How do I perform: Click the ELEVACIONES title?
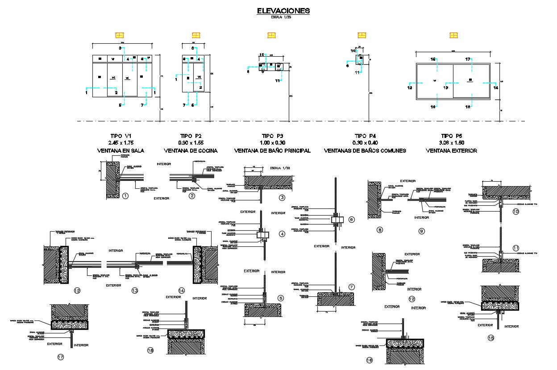click(x=283, y=11)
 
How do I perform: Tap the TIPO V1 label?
click(x=121, y=136)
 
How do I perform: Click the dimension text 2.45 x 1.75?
click(x=121, y=143)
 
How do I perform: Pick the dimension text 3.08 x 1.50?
click(x=452, y=143)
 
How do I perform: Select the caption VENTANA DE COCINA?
click(x=191, y=151)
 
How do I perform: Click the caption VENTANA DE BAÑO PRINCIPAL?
click(x=272, y=151)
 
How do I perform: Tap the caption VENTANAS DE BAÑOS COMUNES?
click(x=365, y=151)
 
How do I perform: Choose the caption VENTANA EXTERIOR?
click(x=452, y=151)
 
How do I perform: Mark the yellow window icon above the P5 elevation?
click(x=454, y=35)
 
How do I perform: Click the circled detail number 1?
click(x=125, y=196)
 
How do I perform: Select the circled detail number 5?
click(x=280, y=298)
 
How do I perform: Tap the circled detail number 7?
click(x=351, y=287)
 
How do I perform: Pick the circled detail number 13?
click(x=135, y=291)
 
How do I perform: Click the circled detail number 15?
click(x=491, y=338)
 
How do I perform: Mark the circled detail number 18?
click(x=150, y=350)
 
